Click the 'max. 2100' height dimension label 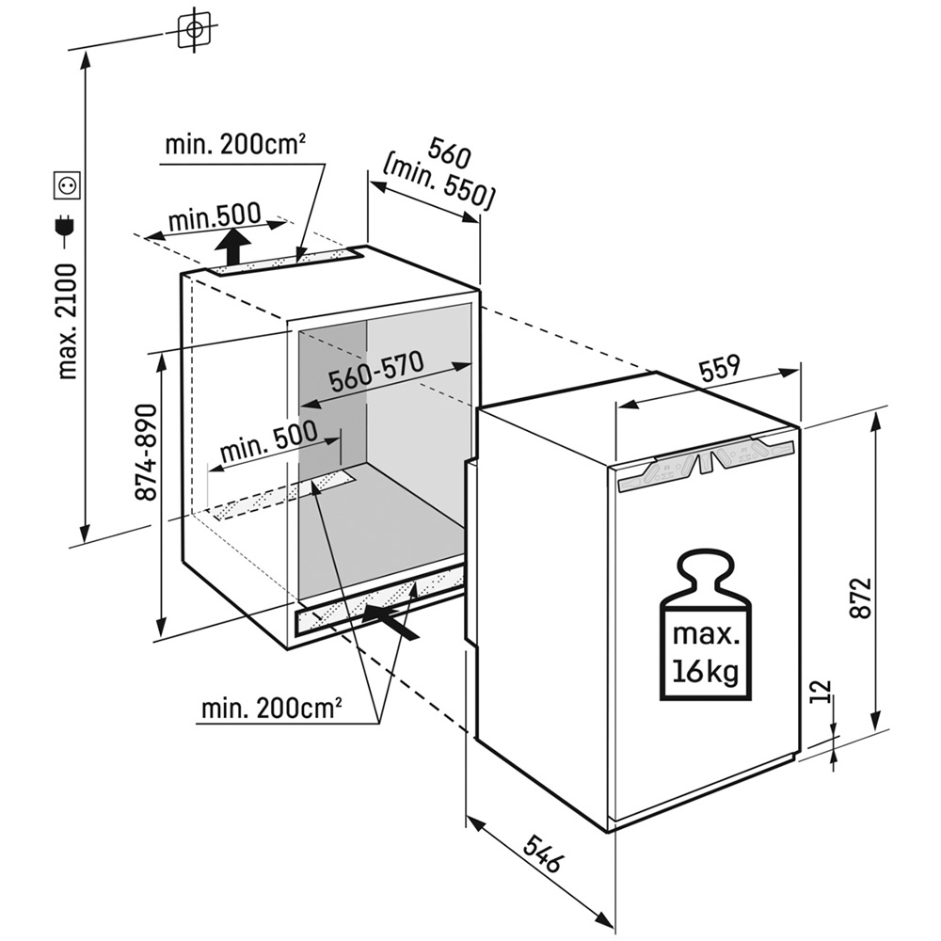point(68,322)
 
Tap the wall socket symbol point(67,186)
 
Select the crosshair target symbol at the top point(195,29)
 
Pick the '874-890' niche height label point(145,454)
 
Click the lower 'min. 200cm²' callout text point(272,709)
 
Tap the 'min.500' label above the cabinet point(215,216)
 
